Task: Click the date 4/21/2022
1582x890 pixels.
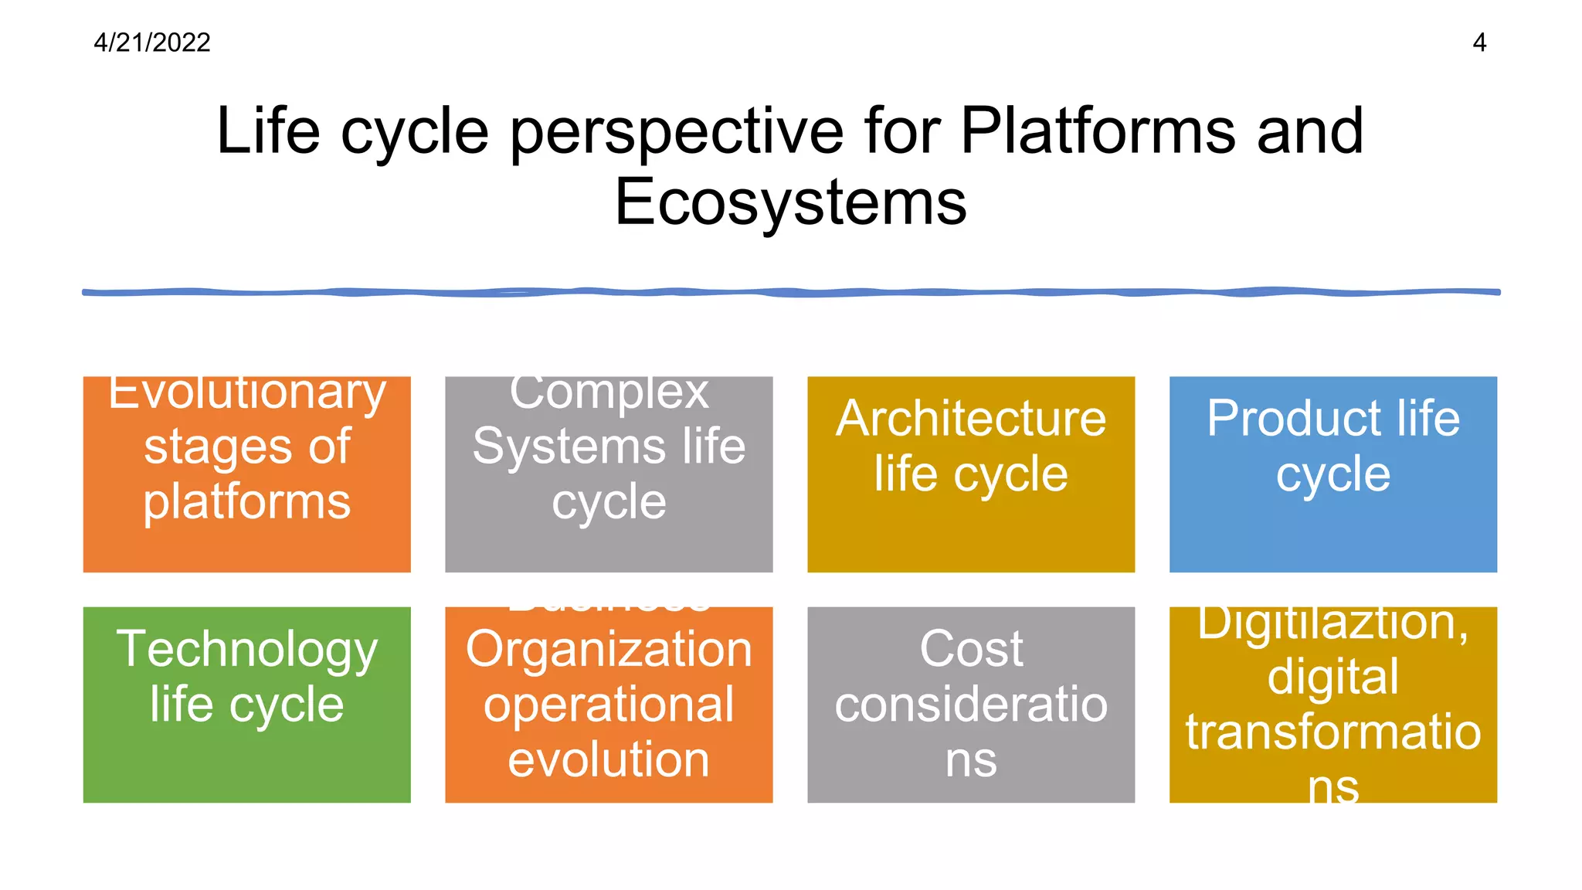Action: coord(152,42)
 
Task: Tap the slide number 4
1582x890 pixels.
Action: coord(1479,42)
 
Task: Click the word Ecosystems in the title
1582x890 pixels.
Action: coord(790,202)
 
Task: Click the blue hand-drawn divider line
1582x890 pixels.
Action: coord(790,292)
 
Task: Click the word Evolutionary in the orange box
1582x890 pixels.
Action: coord(247,394)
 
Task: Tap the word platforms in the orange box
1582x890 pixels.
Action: coord(247,503)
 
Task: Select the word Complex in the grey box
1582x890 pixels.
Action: coord(609,394)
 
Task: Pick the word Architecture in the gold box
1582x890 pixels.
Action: coord(971,420)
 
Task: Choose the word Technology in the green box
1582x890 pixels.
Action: coord(247,651)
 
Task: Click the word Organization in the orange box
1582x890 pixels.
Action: coord(609,650)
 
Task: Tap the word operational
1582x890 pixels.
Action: coord(609,705)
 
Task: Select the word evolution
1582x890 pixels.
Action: coord(609,759)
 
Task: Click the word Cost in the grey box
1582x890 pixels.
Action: coord(971,649)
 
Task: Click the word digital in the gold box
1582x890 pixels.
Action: coord(1332,677)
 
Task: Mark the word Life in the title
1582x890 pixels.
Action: coord(267,131)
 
